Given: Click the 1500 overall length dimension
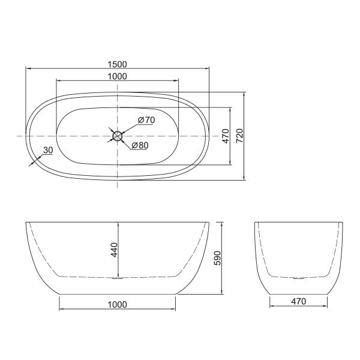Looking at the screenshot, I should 118,64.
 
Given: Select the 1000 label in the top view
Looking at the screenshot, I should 118,76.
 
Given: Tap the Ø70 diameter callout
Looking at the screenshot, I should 146,120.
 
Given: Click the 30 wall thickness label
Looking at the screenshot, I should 48,150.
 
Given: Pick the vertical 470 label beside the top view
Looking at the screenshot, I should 226,136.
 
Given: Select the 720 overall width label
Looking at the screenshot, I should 239,136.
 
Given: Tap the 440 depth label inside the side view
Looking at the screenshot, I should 113,248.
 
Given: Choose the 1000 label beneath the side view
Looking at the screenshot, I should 118,304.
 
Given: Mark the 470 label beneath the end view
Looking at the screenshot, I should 298,301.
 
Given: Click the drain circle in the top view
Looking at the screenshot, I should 118,136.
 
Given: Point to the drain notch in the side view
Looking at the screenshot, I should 118,278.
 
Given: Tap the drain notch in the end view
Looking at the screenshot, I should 298,278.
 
